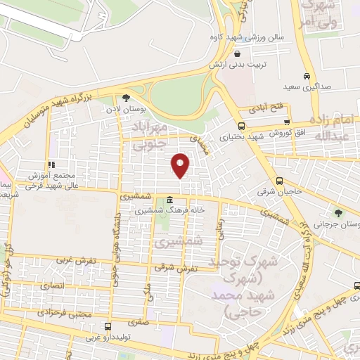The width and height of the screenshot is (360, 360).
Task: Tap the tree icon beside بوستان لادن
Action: click(126, 98)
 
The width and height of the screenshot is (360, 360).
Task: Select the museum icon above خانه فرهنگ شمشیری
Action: click(171, 200)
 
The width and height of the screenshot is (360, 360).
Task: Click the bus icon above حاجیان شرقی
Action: click(280, 179)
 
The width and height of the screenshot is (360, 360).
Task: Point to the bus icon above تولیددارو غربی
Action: click(108, 326)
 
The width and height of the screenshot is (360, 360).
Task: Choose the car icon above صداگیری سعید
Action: click(306, 76)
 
